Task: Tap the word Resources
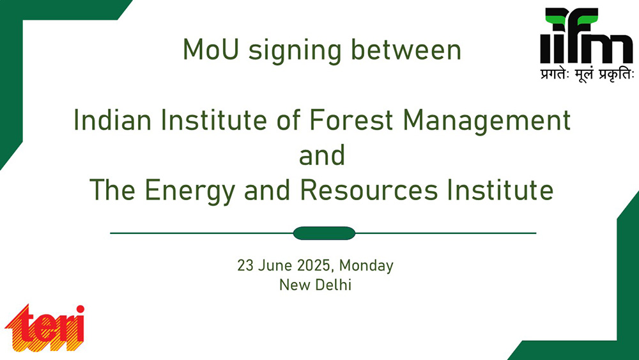[x=369, y=189]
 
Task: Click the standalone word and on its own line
[x=322, y=155]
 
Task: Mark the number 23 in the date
[x=245, y=266]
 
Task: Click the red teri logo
[x=45, y=328]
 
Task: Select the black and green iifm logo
[x=586, y=35]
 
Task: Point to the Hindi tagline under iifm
[x=587, y=75]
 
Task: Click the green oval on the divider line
[x=324, y=233]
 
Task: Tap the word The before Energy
[x=112, y=189]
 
